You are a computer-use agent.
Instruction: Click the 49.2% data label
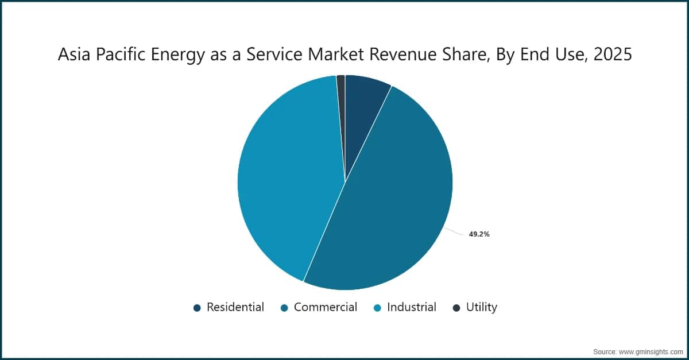coord(479,234)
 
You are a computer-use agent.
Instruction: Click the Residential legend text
coord(235,307)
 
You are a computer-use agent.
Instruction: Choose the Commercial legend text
coord(326,307)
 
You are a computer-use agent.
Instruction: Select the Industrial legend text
coord(412,307)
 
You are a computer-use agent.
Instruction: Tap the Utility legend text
coord(482,307)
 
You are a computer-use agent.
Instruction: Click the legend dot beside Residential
coord(197,308)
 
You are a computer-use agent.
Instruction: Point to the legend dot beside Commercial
coord(285,308)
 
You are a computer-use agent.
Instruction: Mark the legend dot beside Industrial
coord(377,308)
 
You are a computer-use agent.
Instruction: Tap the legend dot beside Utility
coord(457,308)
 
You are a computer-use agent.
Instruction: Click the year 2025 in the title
coord(613,54)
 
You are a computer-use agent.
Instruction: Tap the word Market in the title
coord(336,54)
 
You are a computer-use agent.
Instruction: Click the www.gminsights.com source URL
coord(651,352)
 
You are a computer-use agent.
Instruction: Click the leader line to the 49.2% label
coord(454,231)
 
